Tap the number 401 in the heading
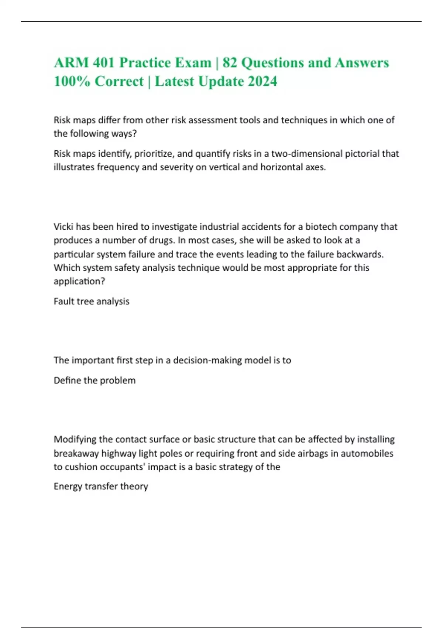(103, 63)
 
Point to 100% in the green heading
(72, 81)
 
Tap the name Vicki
(63, 226)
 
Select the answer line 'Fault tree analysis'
(92, 301)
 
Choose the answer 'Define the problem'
(95, 380)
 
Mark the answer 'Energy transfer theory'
(101, 486)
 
